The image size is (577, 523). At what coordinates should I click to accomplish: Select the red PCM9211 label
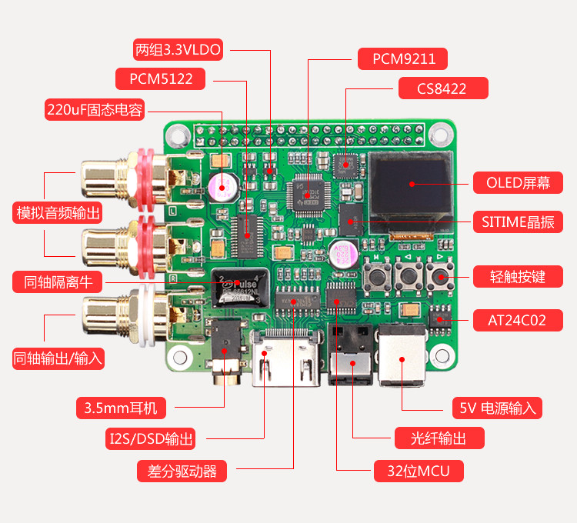click(402, 59)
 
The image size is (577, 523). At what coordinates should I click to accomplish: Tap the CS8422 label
click(442, 88)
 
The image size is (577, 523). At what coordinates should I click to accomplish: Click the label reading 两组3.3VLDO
click(178, 51)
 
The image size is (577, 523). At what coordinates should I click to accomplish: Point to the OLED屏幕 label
click(516, 183)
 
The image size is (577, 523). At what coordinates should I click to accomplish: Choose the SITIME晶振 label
click(518, 222)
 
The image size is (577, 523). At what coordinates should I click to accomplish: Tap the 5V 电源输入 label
click(497, 408)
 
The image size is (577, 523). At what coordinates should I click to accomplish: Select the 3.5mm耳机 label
click(128, 407)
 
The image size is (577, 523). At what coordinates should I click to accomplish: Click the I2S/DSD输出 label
click(151, 439)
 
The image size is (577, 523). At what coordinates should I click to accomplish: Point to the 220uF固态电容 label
click(95, 110)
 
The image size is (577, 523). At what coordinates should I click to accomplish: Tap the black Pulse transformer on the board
click(238, 288)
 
